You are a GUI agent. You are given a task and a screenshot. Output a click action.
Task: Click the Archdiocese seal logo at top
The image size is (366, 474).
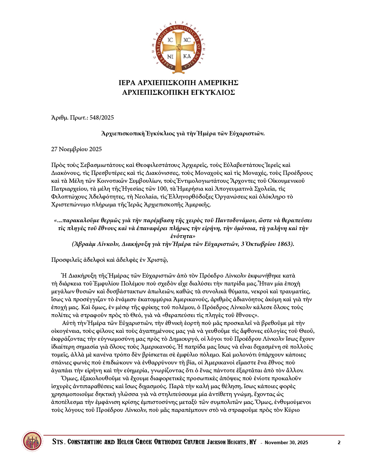[178, 48]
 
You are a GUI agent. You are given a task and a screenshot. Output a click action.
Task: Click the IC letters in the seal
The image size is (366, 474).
[170, 40]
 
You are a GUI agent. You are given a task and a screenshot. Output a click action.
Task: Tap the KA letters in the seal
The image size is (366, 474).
[187, 56]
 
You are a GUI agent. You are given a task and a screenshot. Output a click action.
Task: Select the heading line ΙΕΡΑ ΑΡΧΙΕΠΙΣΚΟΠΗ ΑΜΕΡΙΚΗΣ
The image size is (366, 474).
[178, 83]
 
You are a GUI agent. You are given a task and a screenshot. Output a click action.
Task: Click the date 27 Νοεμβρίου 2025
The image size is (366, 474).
[76, 149]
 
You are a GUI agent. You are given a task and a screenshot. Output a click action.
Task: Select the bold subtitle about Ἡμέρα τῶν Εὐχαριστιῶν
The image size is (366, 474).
[183, 134]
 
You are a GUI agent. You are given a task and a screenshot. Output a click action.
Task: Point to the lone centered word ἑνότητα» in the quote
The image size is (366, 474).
[183, 236]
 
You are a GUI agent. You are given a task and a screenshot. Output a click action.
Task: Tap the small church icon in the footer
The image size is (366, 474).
[32, 441]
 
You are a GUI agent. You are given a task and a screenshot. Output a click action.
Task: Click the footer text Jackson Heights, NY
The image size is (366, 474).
[231, 442]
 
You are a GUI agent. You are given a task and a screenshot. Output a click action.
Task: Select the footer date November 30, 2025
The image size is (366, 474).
[286, 442]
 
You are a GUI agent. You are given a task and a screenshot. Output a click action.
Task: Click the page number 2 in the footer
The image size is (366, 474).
[339, 442]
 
